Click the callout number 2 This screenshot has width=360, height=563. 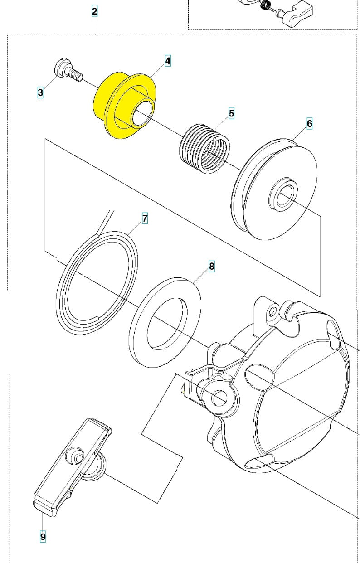(94, 11)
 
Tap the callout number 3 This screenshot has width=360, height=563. (40, 93)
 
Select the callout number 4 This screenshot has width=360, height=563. (168, 61)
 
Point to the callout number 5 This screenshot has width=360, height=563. (231, 113)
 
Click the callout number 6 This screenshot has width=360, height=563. (310, 123)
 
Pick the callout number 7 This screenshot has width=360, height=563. (145, 218)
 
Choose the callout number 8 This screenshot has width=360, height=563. (211, 267)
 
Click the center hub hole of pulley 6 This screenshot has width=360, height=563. (284, 196)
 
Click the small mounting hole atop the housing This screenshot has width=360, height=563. (272, 312)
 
